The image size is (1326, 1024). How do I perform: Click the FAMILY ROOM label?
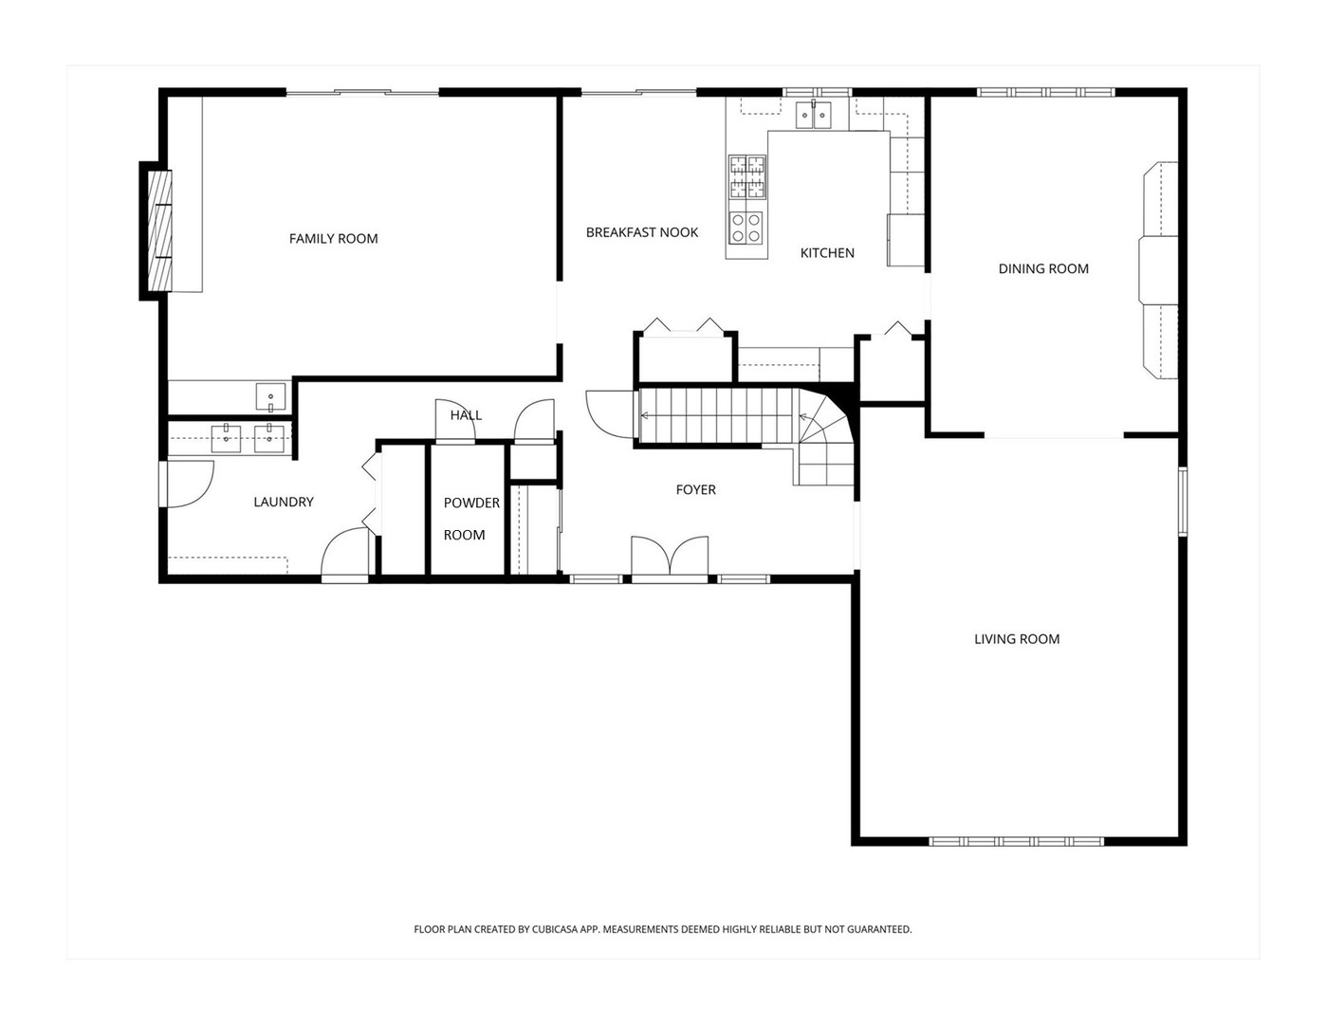pos(333,239)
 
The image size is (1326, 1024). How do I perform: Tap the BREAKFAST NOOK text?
pos(642,232)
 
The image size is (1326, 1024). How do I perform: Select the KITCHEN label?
pos(827,253)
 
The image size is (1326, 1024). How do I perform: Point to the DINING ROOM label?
pos(1043,268)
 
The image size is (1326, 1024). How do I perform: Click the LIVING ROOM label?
pos(1017,639)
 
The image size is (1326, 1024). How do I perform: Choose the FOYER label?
pos(695,490)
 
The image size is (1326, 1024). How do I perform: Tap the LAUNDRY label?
pos(284,502)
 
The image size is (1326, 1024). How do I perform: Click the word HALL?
pos(467,415)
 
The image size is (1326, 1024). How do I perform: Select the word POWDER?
pos(471,503)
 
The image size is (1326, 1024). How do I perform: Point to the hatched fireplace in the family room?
pos(160,230)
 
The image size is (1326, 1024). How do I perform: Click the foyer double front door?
pos(670,557)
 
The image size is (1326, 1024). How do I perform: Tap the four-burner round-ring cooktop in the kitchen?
pos(746,229)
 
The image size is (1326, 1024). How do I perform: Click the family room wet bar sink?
pos(270,397)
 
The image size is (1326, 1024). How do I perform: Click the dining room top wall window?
pos(1046,93)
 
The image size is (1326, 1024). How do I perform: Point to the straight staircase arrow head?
pos(643,416)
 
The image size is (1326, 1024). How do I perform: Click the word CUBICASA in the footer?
pos(554,929)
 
